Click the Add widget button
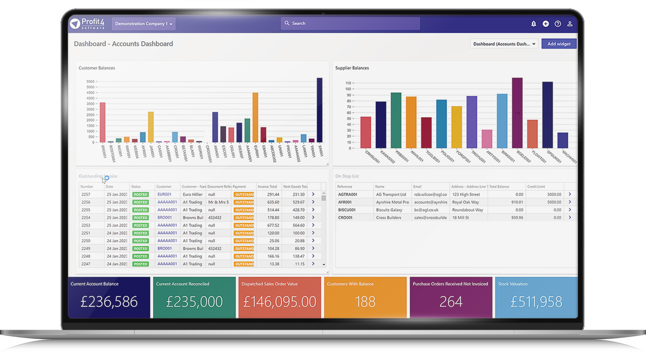(x=559, y=44)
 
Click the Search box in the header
(x=350, y=23)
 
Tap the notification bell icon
(x=534, y=23)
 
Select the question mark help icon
(x=558, y=23)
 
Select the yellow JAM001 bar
(x=151, y=127)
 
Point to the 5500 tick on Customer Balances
(x=90, y=81)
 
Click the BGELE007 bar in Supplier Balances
(x=517, y=113)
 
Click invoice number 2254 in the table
(x=85, y=217)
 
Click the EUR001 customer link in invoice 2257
(x=164, y=194)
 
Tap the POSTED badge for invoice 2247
(x=141, y=264)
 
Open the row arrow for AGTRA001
(x=569, y=194)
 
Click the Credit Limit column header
(x=544, y=187)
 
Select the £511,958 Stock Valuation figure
(x=537, y=301)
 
